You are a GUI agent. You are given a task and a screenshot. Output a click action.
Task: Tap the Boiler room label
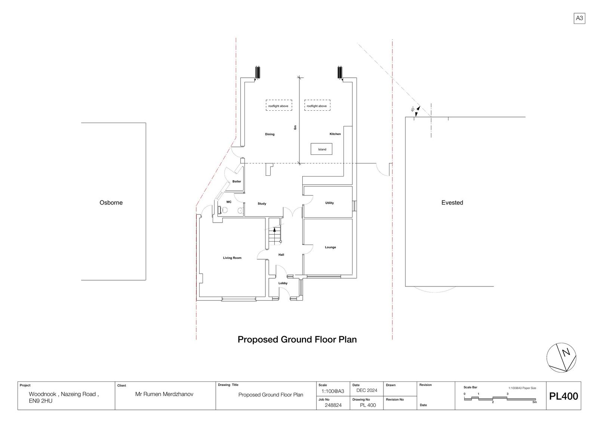[x=237, y=181]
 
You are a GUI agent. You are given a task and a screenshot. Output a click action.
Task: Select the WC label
[x=229, y=202]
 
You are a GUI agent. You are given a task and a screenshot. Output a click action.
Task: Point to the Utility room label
[x=329, y=203]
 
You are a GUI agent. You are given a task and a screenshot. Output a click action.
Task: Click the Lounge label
[x=330, y=247]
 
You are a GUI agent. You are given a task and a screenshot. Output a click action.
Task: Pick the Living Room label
[x=232, y=258]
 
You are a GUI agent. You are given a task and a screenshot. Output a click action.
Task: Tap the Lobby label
[x=283, y=283]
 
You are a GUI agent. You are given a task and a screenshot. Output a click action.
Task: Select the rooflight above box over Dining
[x=279, y=105]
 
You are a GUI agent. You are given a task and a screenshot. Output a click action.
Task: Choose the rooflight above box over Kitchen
[x=317, y=105]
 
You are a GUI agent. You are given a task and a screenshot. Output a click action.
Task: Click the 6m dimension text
[x=295, y=128]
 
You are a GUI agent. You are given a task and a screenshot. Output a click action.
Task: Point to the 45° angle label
[x=413, y=109]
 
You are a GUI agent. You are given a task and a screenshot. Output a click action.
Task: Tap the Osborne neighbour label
[x=111, y=203]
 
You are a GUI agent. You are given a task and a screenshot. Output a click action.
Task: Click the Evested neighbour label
[x=452, y=203]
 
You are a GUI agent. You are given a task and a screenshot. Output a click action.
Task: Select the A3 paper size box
[x=579, y=18]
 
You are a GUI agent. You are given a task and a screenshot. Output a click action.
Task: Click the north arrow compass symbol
[x=561, y=358]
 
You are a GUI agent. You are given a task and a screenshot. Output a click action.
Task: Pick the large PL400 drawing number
[x=563, y=396]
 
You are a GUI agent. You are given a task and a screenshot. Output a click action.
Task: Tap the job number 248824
[x=333, y=405]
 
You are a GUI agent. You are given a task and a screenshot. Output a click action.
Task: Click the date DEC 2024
[x=367, y=390]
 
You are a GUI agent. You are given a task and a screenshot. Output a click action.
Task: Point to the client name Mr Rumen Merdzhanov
[x=164, y=394]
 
